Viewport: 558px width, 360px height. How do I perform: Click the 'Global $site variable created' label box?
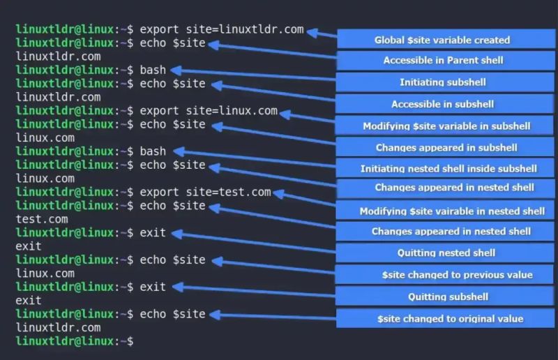pos(446,40)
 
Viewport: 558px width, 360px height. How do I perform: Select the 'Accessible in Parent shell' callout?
pos(446,61)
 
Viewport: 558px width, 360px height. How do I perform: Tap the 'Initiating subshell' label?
pos(446,82)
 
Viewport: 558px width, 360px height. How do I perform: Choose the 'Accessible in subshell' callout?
pos(446,104)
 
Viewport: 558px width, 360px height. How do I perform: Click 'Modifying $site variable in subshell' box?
pos(446,126)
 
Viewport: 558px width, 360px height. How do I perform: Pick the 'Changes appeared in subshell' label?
pos(446,147)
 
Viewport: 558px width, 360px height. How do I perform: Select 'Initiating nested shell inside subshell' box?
pos(446,168)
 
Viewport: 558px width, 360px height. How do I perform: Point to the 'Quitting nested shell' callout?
pos(446,253)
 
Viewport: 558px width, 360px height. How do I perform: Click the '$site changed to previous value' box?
pos(446,274)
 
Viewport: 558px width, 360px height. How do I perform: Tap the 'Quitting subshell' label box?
pos(446,297)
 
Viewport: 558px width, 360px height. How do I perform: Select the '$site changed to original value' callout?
pos(446,319)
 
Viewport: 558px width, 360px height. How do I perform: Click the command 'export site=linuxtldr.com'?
pos(222,29)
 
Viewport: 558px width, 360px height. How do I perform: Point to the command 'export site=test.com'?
pos(205,192)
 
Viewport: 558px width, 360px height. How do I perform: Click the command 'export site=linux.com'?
pos(209,111)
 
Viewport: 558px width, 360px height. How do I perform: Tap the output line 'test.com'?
pos(42,219)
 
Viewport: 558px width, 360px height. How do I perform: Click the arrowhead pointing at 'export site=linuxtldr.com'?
pos(312,31)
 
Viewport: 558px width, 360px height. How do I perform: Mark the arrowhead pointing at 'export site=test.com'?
pos(278,193)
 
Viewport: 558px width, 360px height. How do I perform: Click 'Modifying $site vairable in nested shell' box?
pos(446,211)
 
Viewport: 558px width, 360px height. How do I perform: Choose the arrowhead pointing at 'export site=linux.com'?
pos(285,112)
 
